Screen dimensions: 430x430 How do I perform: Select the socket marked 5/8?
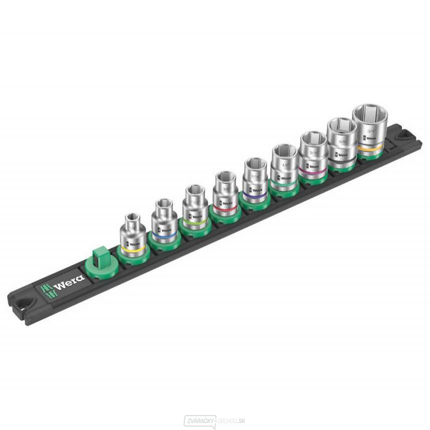pos(342,141)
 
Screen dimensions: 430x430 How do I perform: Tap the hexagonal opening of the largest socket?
pos(369,114)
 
